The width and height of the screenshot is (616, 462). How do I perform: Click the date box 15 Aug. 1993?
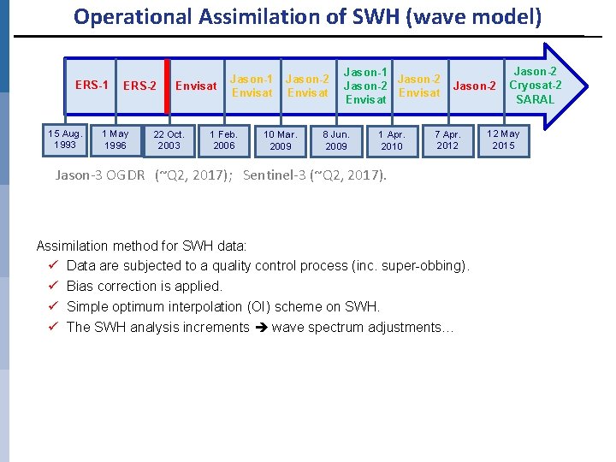[x=65, y=139]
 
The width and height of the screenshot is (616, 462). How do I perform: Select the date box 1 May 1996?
[x=115, y=139]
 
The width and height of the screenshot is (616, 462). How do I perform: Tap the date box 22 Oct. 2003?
[x=169, y=140]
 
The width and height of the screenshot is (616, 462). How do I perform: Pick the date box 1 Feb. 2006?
[x=223, y=140]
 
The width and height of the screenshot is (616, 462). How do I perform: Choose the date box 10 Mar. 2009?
[x=281, y=140]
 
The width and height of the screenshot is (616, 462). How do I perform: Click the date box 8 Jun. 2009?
[x=336, y=140]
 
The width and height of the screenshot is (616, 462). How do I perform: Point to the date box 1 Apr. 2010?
[x=392, y=140]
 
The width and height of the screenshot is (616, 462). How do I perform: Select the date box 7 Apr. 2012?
[x=447, y=140]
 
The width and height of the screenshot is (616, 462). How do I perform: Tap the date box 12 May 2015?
[x=503, y=139]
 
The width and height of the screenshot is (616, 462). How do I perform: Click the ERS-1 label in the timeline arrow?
[x=92, y=85]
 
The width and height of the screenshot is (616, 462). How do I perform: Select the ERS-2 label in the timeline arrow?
[x=139, y=86]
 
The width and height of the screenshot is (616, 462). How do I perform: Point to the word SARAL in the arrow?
[x=535, y=99]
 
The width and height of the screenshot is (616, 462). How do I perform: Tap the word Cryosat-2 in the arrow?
[x=535, y=85]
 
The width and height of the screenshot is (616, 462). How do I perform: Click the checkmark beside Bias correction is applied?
[x=54, y=286]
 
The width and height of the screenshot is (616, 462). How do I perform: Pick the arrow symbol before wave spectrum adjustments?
[x=260, y=327]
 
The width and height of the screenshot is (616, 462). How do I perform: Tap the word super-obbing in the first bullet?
[x=423, y=265]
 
